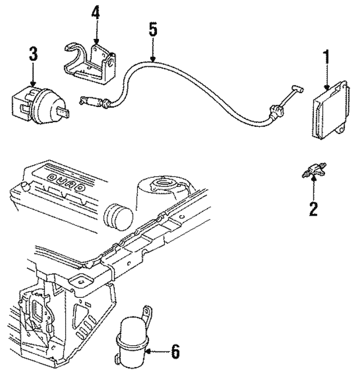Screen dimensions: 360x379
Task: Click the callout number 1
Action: point(326,57)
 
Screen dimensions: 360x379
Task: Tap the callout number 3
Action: point(33,54)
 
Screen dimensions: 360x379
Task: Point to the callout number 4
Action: point(96,12)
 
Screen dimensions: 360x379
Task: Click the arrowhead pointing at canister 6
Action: point(148,351)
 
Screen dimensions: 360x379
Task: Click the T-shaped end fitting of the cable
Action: point(297,89)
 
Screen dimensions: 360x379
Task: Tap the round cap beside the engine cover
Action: point(118,216)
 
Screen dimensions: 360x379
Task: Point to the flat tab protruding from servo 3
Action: point(63,112)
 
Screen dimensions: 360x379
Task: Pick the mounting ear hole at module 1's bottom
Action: point(341,130)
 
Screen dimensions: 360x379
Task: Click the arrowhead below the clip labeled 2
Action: point(314,179)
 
